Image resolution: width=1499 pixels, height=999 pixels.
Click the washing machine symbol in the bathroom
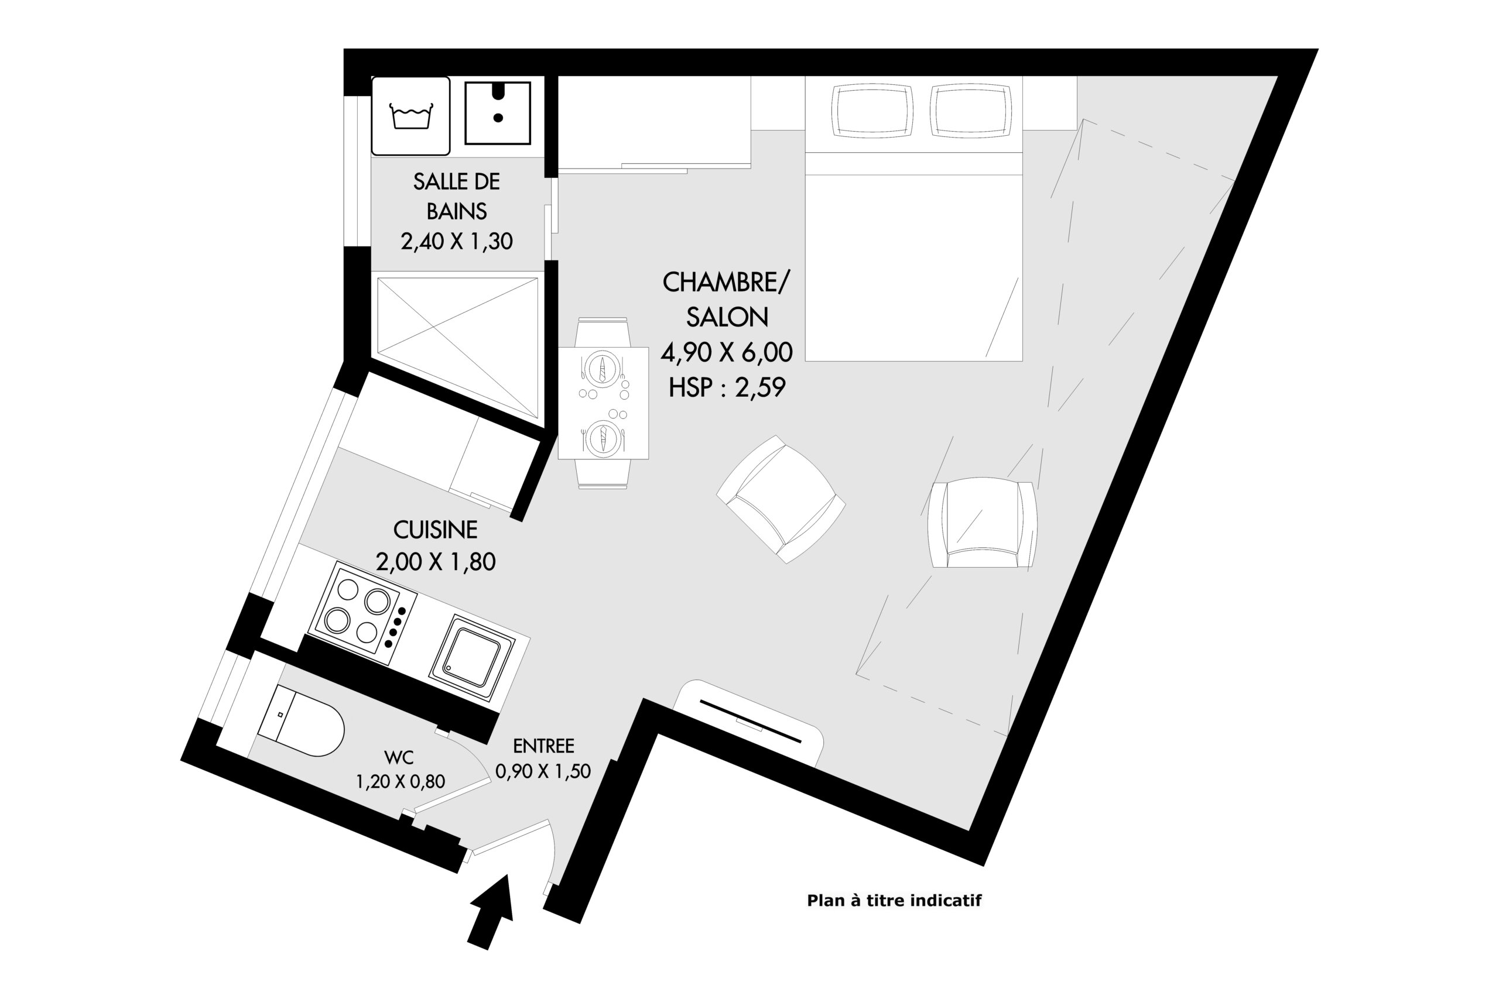click(x=411, y=116)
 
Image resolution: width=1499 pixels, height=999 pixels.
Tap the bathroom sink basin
click(x=498, y=113)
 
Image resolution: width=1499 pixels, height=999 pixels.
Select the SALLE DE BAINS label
click(x=456, y=196)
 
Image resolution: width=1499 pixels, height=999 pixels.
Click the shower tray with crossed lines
click(x=457, y=347)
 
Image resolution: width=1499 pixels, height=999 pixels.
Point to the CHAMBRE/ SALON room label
click(x=727, y=300)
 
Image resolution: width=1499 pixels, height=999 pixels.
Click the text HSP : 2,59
click(x=727, y=387)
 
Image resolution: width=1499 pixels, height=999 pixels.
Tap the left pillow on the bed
click(x=872, y=111)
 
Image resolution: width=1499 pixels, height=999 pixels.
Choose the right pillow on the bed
click(x=971, y=111)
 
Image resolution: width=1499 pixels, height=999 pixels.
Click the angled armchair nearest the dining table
click(x=781, y=500)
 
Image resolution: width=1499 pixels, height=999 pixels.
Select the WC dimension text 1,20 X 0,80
click(x=401, y=781)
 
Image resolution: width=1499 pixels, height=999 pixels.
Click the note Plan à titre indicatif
click(x=894, y=900)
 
